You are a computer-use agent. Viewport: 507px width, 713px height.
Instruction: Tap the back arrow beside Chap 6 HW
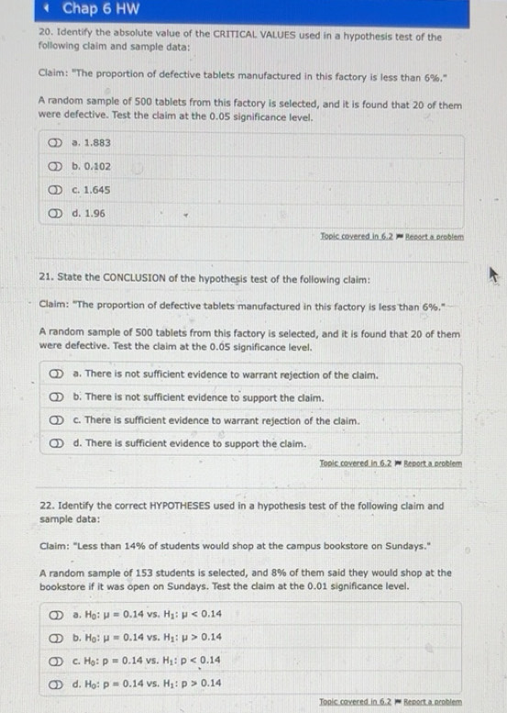46,10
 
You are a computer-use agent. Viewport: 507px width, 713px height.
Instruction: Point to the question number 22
48,506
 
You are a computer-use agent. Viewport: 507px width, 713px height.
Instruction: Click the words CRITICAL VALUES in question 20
265,37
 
